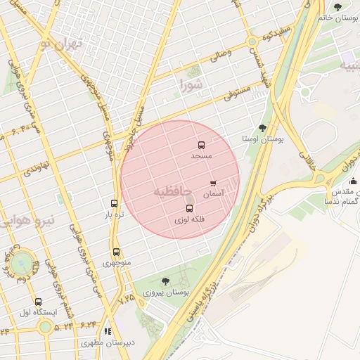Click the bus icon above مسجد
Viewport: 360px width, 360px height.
click(x=202, y=146)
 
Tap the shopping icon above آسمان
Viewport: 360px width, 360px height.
click(x=213, y=184)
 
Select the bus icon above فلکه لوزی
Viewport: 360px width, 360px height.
click(x=189, y=209)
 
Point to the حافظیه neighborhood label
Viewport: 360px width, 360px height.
click(x=171, y=191)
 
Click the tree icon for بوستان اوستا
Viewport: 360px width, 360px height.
click(x=262, y=129)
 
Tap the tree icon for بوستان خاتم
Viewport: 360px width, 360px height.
click(x=338, y=8)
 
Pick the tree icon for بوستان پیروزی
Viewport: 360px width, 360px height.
click(x=165, y=281)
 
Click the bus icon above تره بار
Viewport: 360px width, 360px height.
click(x=114, y=203)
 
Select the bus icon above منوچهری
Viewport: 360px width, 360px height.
click(x=116, y=252)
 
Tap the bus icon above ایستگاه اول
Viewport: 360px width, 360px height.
click(x=38, y=302)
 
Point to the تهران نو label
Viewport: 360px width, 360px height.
click(x=61, y=43)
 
